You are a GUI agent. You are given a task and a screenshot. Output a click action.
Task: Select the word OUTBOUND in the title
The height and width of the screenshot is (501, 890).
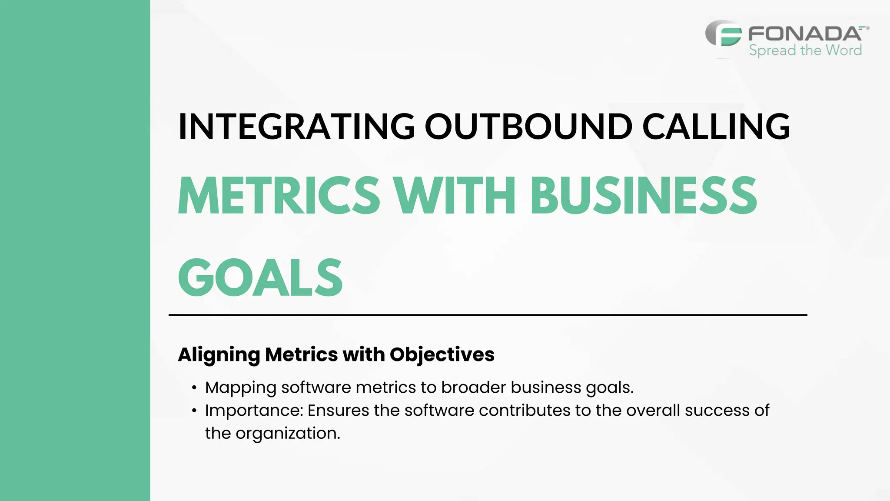[528, 127]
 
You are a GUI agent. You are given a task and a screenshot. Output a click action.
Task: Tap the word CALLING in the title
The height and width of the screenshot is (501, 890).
[716, 127]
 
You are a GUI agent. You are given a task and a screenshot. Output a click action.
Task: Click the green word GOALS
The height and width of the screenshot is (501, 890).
[260, 278]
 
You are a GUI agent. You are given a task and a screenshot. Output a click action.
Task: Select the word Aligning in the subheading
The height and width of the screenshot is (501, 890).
[219, 355]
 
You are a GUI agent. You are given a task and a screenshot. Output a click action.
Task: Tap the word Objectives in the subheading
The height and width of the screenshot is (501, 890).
[442, 355]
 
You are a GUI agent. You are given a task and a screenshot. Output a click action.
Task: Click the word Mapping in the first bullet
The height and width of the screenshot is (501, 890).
[240, 388]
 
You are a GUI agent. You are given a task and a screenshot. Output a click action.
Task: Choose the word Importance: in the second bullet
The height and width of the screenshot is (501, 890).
[254, 411]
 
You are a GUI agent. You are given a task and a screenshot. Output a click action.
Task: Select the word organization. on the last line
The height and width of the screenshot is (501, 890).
[288, 433]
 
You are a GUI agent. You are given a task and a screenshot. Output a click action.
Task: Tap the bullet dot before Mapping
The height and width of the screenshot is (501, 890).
[194, 388]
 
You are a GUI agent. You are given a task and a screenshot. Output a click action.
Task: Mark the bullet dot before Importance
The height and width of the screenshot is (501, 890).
[194, 411]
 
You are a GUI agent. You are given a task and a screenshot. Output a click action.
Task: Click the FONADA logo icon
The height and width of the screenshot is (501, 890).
[724, 34]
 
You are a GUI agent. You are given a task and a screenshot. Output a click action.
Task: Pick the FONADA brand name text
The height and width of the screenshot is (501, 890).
[805, 33]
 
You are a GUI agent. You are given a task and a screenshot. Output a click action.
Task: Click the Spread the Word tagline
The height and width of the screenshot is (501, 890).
[805, 50]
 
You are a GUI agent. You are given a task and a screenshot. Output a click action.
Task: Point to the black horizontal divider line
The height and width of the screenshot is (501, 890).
[488, 314]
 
